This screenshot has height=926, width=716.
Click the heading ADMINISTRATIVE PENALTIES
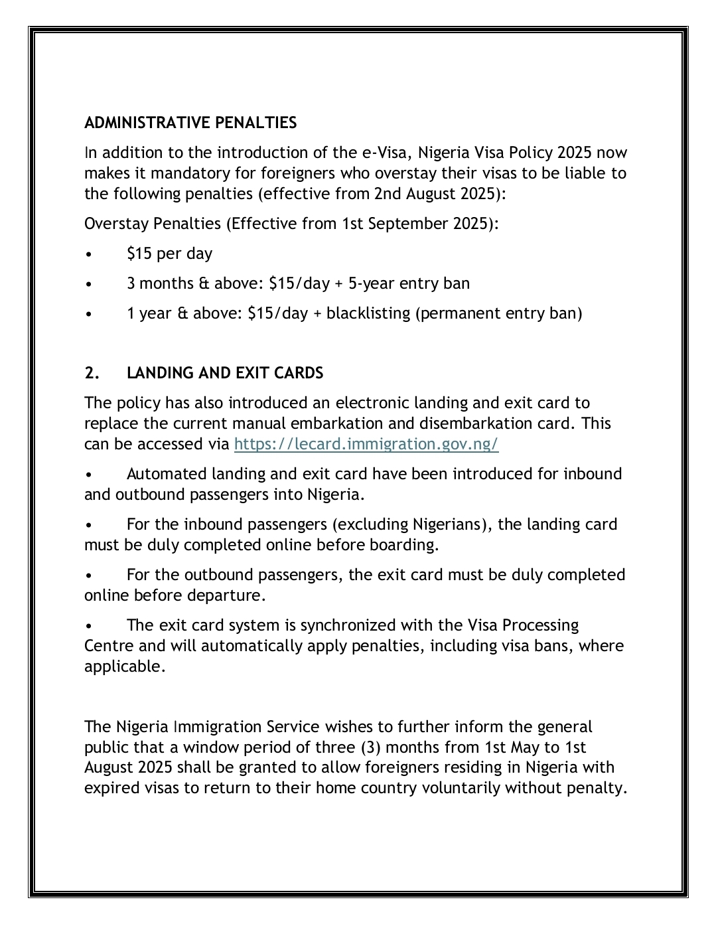point(190,123)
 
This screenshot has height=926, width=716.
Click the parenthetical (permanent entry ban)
point(499,313)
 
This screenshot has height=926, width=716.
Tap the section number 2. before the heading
point(92,373)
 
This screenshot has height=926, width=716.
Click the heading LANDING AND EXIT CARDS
point(225,373)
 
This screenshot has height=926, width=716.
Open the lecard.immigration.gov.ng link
point(366,444)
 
